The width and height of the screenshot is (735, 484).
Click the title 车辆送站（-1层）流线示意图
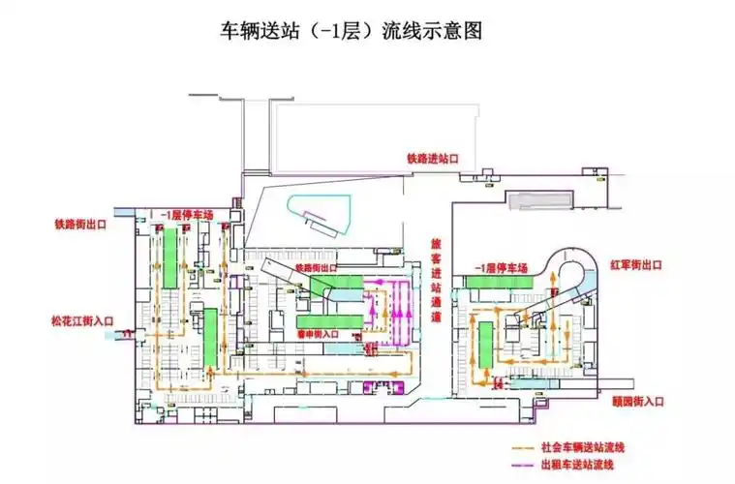coord(352,31)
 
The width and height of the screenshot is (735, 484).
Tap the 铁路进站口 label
coord(432,157)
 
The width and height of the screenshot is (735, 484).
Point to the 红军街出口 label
coord(633,263)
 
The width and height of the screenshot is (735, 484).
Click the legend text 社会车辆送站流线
coord(585,448)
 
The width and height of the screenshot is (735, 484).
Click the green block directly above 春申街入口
coord(320,320)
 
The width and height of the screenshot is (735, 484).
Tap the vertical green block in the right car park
coord(484,344)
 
